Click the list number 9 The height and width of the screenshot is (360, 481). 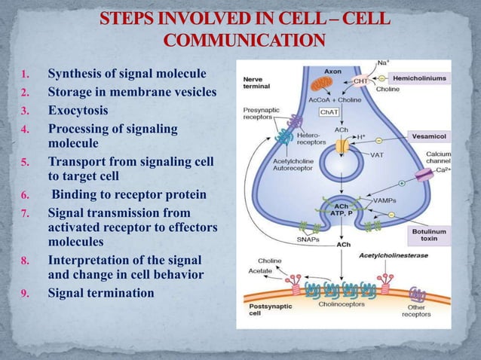[24, 293]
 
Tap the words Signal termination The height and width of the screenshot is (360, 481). [100, 292]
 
